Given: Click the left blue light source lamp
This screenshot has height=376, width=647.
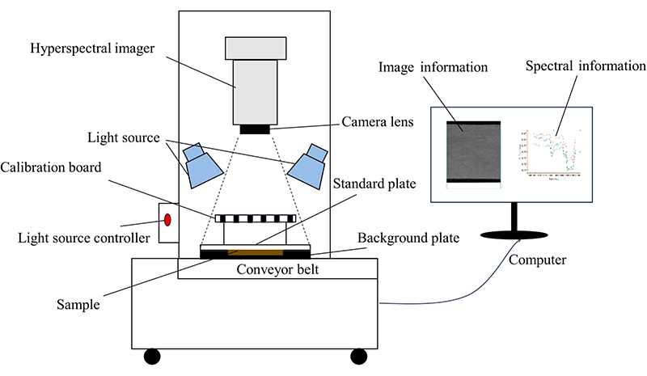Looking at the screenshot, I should [201, 166].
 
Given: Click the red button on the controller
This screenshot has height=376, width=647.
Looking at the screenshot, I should [168, 220].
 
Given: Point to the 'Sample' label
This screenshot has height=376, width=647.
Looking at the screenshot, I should [78, 305].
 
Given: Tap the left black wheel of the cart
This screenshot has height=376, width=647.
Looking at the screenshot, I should [151, 356].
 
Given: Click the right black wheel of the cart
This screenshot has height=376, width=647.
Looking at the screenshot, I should [358, 356].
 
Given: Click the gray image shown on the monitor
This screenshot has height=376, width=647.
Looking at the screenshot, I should [474, 152].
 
